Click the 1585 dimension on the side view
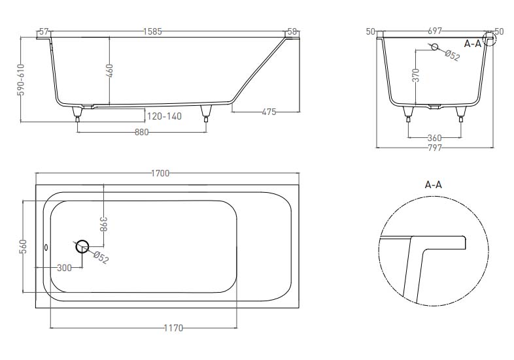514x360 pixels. click(152, 32)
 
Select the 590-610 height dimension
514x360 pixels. click(21, 80)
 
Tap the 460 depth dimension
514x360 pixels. click(109, 71)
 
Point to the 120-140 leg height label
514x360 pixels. click(164, 116)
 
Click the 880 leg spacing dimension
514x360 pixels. click(142, 133)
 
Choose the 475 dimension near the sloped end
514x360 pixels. click(269, 112)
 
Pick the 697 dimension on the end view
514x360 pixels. click(435, 31)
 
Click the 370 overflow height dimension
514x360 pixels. click(416, 75)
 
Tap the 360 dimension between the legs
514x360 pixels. click(435, 138)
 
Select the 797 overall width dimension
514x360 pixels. click(435, 148)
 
